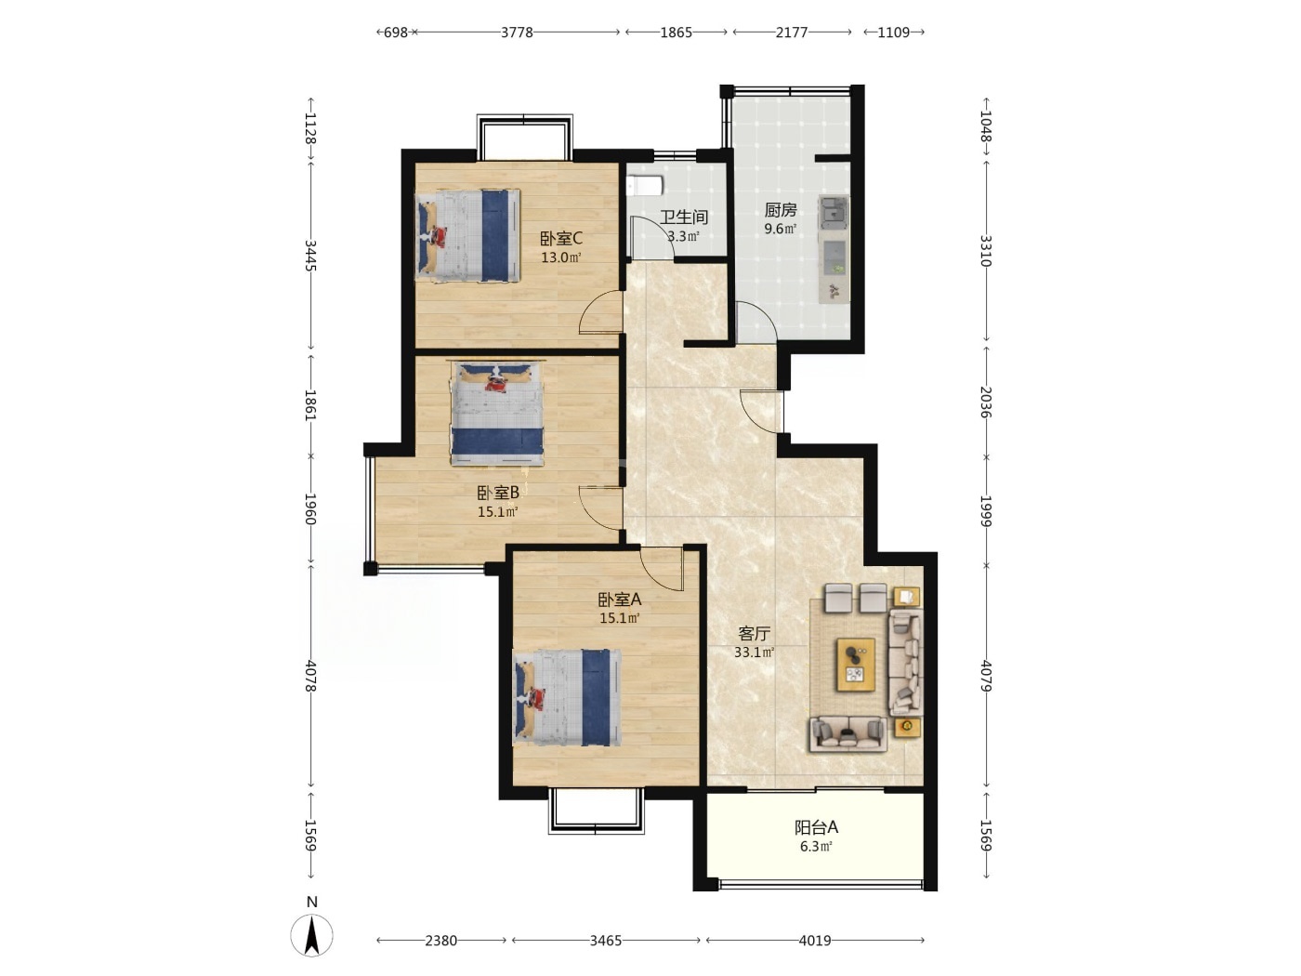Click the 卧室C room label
[560, 239]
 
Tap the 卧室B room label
[498, 493]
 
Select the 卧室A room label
[620, 600]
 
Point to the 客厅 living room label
[754, 634]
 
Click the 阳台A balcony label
[816, 827]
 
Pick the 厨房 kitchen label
[780, 210]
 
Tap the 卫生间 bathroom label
[684, 217]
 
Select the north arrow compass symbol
[311, 935]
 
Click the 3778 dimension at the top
[517, 32]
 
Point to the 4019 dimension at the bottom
[815, 941]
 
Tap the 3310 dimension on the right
[985, 251]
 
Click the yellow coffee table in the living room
[856, 665]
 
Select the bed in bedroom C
[468, 235]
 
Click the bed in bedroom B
[497, 413]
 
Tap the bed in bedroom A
[567, 697]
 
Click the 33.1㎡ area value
[754, 653]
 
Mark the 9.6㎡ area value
[780, 228]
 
